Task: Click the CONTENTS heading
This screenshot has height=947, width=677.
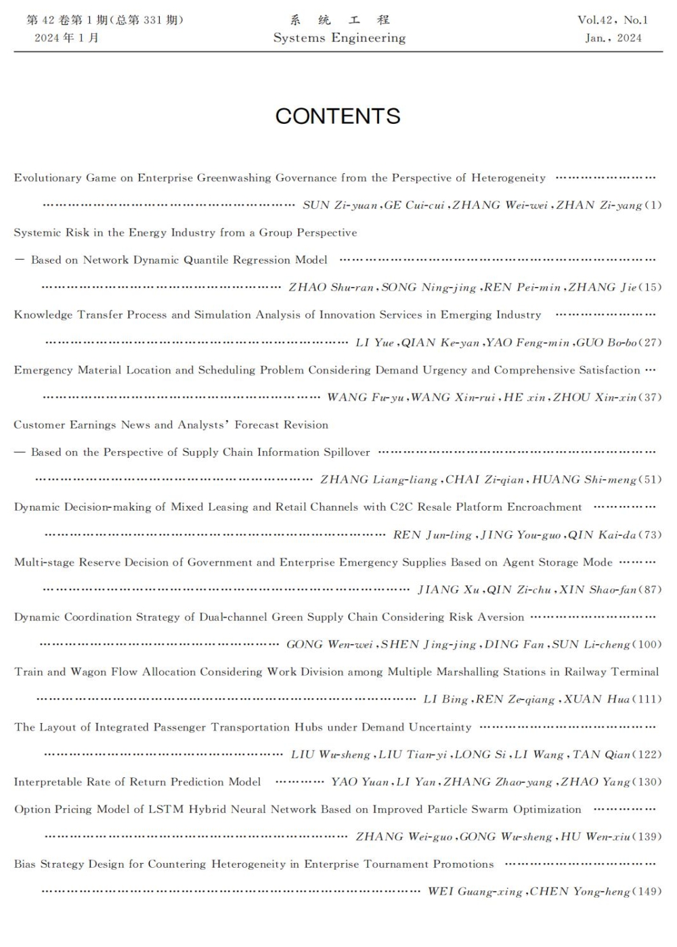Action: tap(338, 116)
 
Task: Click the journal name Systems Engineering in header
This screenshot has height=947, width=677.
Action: tap(339, 38)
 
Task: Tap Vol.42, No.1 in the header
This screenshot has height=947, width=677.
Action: tap(612, 20)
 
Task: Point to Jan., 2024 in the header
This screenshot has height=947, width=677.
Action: tap(613, 38)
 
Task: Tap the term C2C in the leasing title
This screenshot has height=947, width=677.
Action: tap(401, 507)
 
